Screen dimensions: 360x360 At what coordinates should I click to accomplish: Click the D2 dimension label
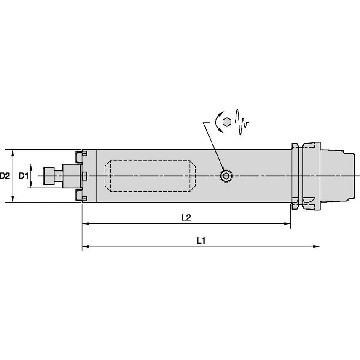pyautogui.click(x=5, y=176)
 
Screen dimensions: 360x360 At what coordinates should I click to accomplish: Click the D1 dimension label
pyautogui.click(x=23, y=176)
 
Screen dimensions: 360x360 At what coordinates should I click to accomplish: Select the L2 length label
pyautogui.click(x=186, y=218)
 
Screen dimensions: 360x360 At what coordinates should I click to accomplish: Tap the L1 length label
pyautogui.click(x=201, y=241)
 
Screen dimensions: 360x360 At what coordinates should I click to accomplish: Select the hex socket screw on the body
pyautogui.click(x=226, y=176)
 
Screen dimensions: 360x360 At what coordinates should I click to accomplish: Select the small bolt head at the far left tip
pyautogui.click(x=49, y=176)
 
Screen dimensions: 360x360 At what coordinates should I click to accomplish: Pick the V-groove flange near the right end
pyautogui.click(x=297, y=176)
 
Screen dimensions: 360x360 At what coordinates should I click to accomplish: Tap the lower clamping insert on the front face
pyautogui.click(x=78, y=195)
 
